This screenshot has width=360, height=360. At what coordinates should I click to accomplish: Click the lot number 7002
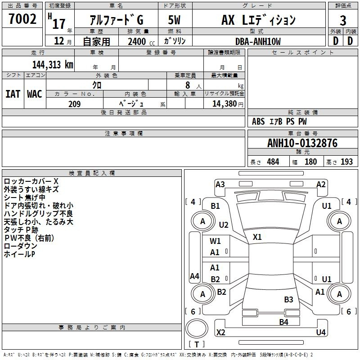tap(22, 19)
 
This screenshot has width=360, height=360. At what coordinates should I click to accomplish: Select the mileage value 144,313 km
tap(53, 65)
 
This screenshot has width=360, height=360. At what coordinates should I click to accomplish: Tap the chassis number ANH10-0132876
tap(302, 143)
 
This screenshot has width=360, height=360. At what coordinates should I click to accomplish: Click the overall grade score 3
tap(343, 21)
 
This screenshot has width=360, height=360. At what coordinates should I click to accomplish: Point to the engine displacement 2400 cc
tap(141, 41)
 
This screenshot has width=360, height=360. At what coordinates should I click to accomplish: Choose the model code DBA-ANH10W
tap(258, 41)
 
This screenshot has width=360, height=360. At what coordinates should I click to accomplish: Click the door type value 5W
tap(174, 20)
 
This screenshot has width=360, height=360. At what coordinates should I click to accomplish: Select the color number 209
tap(74, 104)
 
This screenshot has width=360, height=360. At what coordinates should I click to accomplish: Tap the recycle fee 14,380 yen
tap(228, 104)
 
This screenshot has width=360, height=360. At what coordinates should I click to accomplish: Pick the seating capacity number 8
tap(188, 85)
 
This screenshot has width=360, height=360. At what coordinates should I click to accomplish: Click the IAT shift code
tap(13, 94)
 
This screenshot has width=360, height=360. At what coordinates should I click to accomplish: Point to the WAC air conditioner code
tap(35, 94)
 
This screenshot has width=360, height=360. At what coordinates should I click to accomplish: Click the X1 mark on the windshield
tap(257, 237)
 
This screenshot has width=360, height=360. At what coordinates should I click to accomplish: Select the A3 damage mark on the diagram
tap(220, 184)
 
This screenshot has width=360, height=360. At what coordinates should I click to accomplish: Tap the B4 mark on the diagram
tap(283, 322)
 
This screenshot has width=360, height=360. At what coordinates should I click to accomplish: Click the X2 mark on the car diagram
tap(220, 332)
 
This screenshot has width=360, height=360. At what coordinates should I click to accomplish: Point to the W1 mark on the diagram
tap(215, 241)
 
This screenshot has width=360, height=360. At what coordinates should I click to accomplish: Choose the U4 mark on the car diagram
tap(321, 332)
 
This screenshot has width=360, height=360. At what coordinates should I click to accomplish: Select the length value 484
tap(273, 162)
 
